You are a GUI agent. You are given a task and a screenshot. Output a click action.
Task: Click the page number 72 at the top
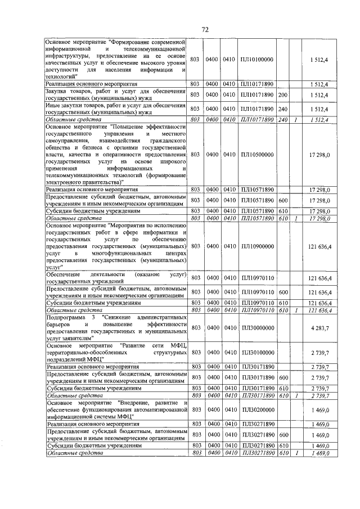[x=205, y=29]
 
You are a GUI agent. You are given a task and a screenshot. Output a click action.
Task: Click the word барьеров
[x=61, y=325]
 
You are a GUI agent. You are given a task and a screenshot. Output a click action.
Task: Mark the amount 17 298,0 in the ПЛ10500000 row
[x=319, y=154]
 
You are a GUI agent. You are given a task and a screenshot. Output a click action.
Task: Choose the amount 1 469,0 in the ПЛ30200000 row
[x=319, y=411]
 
